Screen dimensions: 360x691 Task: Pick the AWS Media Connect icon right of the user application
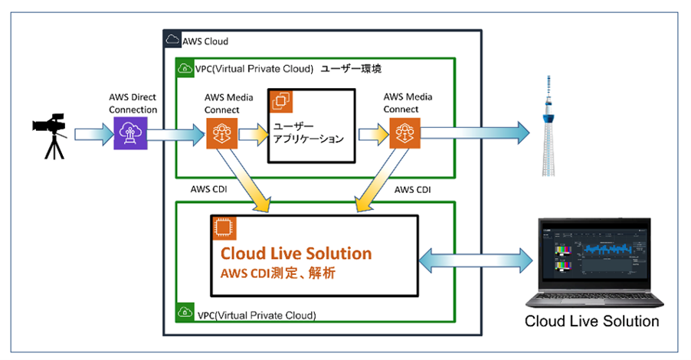pyautogui.click(x=403, y=133)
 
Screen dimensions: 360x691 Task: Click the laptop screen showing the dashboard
pyautogui.click(x=592, y=252)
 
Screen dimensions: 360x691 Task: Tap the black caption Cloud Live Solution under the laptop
pyautogui.click(x=591, y=321)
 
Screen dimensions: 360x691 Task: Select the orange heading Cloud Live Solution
pyautogui.click(x=296, y=253)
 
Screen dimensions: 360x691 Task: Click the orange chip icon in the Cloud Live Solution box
pyautogui.click(x=224, y=227)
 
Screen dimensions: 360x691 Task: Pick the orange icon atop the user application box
pyautogui.click(x=279, y=100)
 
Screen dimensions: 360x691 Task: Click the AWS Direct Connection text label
pyautogui.click(x=133, y=104)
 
